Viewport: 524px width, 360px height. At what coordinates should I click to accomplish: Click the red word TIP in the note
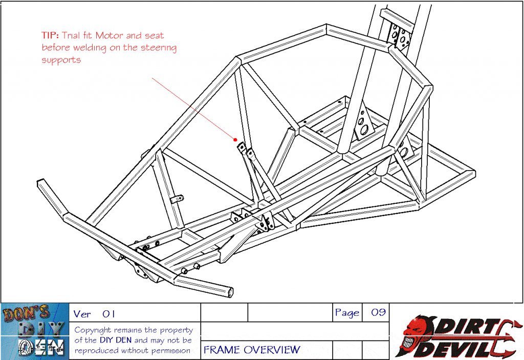coord(50,36)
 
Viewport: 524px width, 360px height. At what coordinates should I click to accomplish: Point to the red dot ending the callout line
coord(235,139)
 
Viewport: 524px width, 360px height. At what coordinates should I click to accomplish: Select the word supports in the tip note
coord(61,60)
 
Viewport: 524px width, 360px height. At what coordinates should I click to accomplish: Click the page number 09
coord(378,312)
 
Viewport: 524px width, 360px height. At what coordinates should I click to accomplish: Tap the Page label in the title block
coord(347,312)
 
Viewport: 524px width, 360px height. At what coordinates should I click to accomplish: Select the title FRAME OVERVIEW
coord(252,350)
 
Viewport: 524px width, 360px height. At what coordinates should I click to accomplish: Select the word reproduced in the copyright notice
coord(97,351)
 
